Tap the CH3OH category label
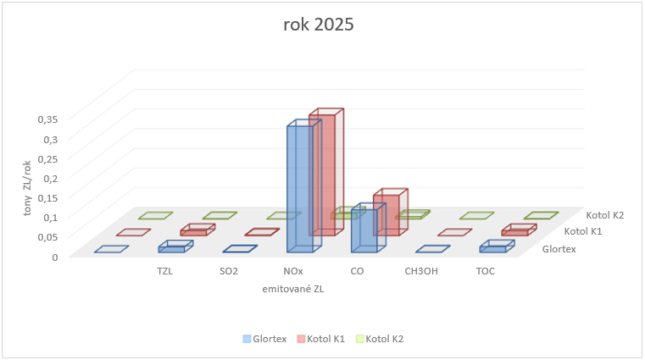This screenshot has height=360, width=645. (x=421, y=272)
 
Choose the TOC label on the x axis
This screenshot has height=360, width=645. (x=485, y=272)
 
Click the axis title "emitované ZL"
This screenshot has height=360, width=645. (x=293, y=289)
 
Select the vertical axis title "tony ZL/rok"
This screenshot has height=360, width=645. (x=27, y=188)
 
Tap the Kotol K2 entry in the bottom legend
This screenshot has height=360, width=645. (x=380, y=339)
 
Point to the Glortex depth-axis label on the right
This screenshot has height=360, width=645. (x=559, y=249)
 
